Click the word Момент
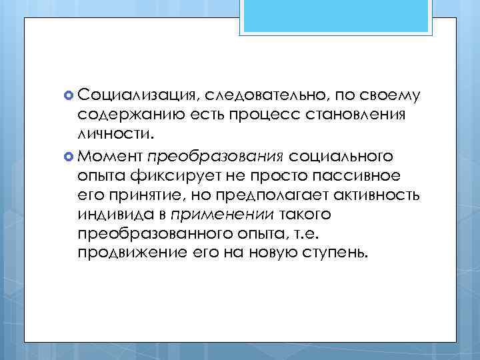(109, 156)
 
